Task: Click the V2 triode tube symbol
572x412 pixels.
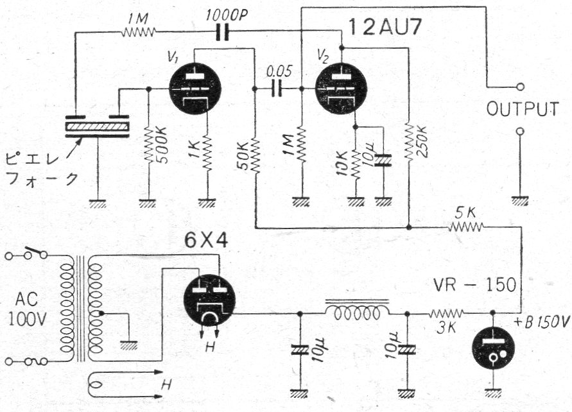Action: tap(342, 90)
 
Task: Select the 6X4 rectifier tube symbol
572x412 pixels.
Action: tap(209, 300)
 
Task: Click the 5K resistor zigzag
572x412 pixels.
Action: tap(467, 227)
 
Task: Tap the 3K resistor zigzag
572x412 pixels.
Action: tap(446, 314)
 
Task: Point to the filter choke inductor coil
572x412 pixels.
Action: tap(356, 313)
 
